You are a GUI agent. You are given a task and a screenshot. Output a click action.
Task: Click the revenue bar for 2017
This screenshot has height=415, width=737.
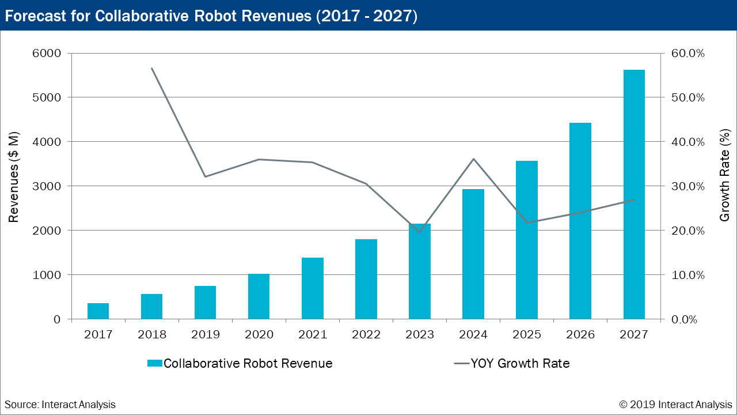click(x=98, y=311)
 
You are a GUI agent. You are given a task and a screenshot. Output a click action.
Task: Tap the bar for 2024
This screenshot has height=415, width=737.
click(x=473, y=254)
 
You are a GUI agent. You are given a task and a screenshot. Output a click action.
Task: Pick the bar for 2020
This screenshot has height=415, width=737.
click(x=259, y=296)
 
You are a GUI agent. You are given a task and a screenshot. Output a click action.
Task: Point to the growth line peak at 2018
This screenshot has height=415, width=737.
click(x=151, y=68)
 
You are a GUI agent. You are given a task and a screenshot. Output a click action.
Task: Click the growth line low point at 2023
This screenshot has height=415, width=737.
click(x=419, y=231)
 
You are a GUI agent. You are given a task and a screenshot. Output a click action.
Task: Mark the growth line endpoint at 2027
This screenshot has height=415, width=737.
click(x=634, y=200)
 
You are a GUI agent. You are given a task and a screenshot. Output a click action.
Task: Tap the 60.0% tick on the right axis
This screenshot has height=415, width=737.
click(x=689, y=53)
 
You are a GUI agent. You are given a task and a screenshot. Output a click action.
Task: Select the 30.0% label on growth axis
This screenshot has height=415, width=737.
click(x=689, y=186)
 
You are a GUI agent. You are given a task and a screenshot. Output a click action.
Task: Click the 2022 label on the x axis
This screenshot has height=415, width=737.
click(x=366, y=335)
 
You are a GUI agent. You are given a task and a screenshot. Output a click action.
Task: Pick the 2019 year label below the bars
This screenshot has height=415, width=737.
click(x=205, y=335)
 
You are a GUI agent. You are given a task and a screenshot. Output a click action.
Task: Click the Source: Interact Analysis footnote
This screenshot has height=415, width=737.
click(x=60, y=405)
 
